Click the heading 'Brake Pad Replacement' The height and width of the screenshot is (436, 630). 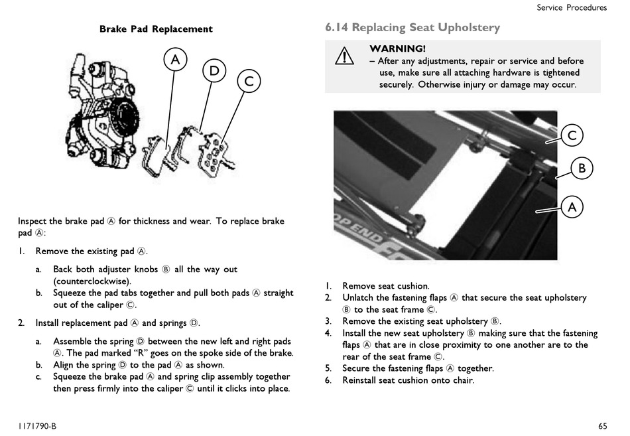156,29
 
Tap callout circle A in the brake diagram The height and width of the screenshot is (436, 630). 175,60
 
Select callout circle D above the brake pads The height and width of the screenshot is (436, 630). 214,71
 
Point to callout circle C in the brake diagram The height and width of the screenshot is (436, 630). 249,81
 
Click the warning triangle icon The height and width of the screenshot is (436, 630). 344,56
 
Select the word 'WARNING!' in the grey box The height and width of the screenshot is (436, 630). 397,48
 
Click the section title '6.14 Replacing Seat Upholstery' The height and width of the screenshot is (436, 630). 412,27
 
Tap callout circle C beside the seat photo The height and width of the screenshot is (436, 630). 572,135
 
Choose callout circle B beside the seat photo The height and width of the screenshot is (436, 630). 582,168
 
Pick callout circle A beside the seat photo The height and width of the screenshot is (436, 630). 572,207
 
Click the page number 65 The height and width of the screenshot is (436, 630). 602,426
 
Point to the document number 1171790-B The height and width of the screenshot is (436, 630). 37,426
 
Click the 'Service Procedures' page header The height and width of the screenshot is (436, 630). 572,8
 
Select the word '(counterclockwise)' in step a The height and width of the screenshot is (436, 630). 92,281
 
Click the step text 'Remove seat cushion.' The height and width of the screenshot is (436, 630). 386,286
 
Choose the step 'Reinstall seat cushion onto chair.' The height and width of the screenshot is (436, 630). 409,380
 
